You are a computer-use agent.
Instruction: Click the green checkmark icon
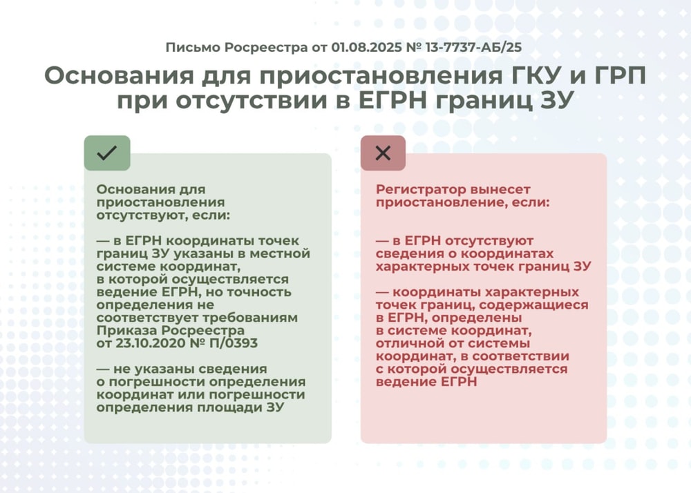coord(107,153)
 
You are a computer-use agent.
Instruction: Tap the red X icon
coord(383,153)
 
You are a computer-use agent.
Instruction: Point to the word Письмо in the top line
coord(190,48)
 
